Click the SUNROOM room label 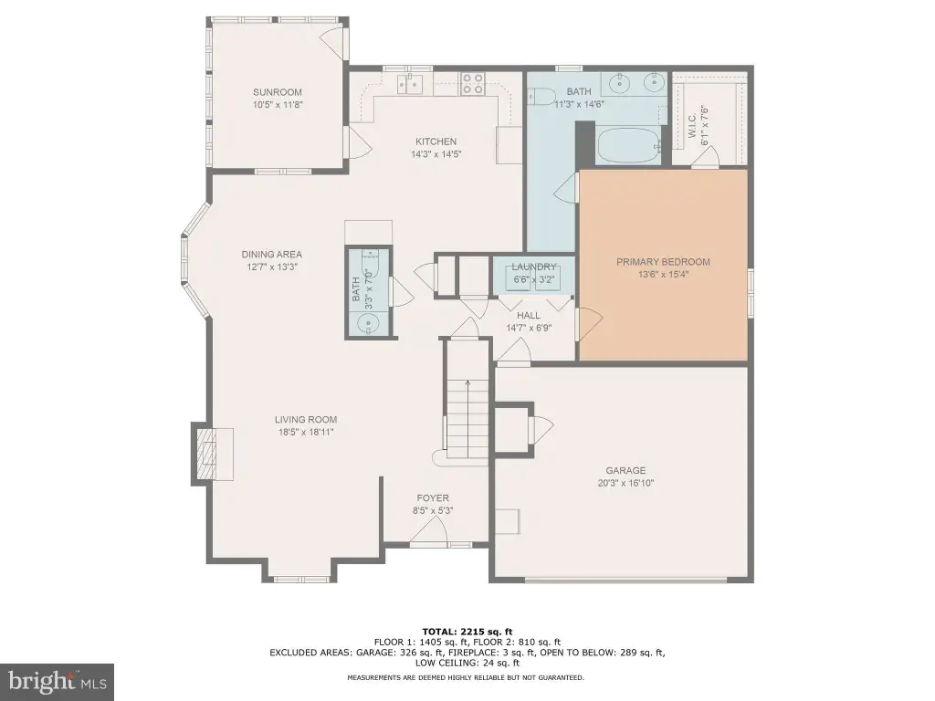pos(278,92)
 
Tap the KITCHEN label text pos(436,141)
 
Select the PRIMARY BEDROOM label pos(663,262)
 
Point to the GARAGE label pos(625,470)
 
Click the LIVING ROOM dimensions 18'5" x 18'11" pos(306,432)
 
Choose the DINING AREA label pos(272,255)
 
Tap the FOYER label pos(433,497)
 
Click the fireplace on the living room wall pos(212,451)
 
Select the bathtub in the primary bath pos(630,145)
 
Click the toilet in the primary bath pos(541,96)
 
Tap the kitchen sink pos(410,83)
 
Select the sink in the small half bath pos(369,324)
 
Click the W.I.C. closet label pos(692,126)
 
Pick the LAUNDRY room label pos(533,267)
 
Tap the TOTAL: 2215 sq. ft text pos(467,632)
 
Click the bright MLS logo pos(58,681)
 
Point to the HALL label pos(529,315)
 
